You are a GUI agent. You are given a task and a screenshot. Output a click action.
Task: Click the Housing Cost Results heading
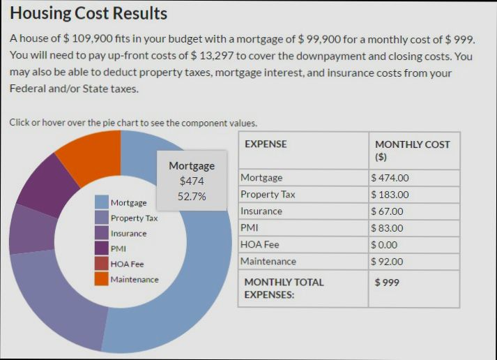[x=89, y=13]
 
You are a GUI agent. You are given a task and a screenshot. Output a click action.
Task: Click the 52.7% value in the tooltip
[x=192, y=197]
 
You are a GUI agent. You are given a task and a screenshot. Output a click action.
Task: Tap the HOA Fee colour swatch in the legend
[x=101, y=264]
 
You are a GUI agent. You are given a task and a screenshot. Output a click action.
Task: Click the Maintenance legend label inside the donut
[x=135, y=280]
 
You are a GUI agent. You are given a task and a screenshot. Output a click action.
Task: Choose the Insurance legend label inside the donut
[x=129, y=234]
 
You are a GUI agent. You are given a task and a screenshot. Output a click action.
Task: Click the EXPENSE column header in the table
[x=266, y=144]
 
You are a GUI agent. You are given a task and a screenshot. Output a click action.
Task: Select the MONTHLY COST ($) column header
[x=412, y=150]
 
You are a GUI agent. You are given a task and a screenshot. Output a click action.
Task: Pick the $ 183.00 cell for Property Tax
[x=390, y=195]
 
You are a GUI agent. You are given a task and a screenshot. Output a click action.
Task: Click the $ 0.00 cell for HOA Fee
[x=387, y=245]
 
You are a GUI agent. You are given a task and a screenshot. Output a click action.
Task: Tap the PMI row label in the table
[x=249, y=227]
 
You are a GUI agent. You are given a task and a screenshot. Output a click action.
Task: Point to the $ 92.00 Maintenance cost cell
[x=388, y=262]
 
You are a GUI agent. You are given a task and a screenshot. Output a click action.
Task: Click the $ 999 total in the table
[x=388, y=283]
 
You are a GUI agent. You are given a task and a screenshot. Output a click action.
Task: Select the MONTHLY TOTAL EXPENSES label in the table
[x=284, y=288]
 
